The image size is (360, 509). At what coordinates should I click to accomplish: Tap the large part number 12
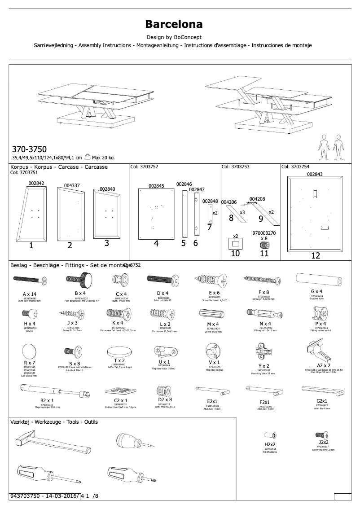(316, 256)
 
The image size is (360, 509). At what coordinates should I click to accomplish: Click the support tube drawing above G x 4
(315, 281)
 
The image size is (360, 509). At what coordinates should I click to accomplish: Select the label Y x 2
(263, 366)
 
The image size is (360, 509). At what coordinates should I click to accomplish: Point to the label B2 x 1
(47, 400)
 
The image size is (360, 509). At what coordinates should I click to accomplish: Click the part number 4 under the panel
(156, 244)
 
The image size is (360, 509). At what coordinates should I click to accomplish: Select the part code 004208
(257, 199)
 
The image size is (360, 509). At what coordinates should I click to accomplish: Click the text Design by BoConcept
(174, 37)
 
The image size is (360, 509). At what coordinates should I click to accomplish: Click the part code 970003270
(264, 233)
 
